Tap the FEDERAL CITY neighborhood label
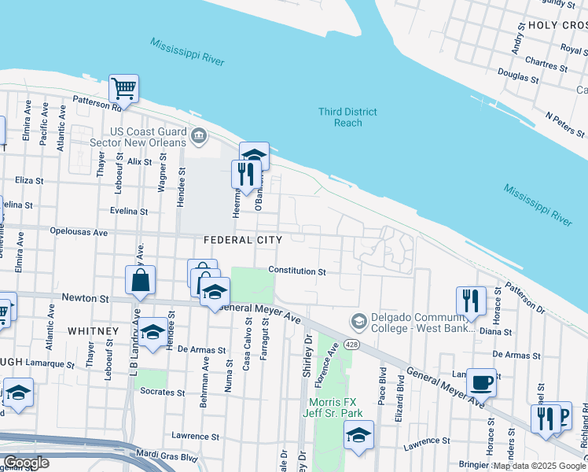tap(241, 239)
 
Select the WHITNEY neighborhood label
tap(92, 331)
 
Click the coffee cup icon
tap(481, 383)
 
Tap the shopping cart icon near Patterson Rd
tap(123, 88)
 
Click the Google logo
tap(26, 463)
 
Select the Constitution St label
tap(297, 271)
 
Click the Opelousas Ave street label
tap(78, 233)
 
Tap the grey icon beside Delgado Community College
tap(358, 321)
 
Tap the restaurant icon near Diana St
tap(471, 301)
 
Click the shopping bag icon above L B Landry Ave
tap(140, 279)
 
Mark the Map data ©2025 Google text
tap(539, 466)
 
